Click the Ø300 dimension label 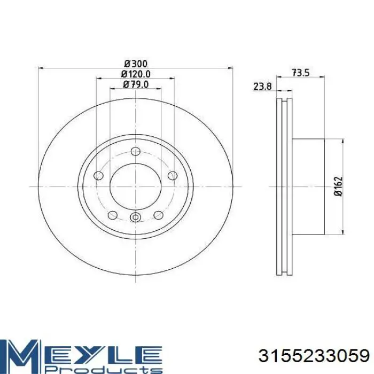[136, 64]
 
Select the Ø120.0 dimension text [136, 74]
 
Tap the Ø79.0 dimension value [136, 84]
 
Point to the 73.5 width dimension [300, 73]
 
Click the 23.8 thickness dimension [262, 87]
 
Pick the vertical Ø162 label [338, 186]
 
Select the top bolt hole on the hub [136, 151]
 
